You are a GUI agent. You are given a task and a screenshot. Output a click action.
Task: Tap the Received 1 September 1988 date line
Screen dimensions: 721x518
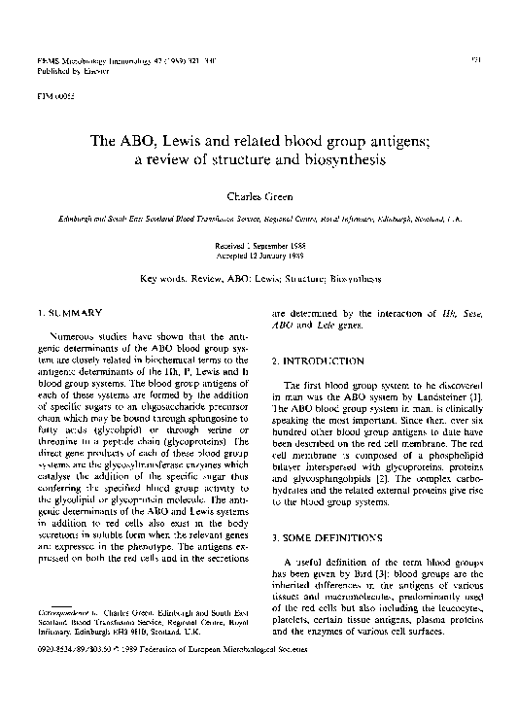259,247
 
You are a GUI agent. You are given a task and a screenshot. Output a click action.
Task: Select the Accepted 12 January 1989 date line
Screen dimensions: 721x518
259,256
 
